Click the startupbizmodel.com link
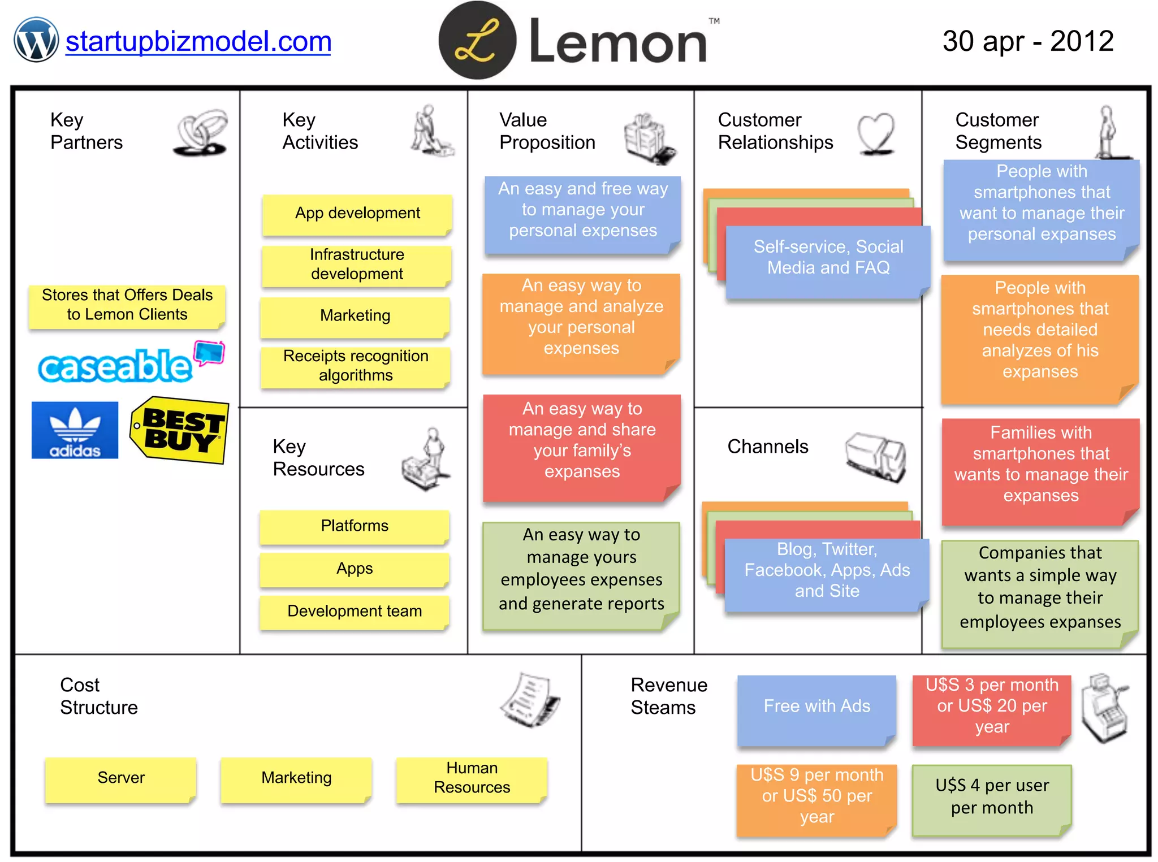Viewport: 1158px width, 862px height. (x=198, y=42)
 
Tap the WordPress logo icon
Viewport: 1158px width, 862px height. (x=36, y=40)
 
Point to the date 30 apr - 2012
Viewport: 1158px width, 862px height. (x=1027, y=41)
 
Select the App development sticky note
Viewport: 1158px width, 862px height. (x=357, y=214)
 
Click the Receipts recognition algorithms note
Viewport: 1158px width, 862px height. (x=356, y=366)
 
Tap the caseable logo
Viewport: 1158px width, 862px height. (x=130, y=363)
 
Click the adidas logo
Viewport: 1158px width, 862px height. (x=75, y=430)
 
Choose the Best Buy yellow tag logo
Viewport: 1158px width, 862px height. (x=180, y=430)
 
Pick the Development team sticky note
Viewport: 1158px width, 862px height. (x=355, y=611)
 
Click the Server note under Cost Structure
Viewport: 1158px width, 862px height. (x=121, y=778)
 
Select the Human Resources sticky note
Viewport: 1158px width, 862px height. (x=472, y=778)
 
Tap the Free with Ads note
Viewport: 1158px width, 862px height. (x=816, y=708)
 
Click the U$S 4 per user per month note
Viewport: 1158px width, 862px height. (x=992, y=798)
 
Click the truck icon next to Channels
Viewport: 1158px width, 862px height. (x=876, y=457)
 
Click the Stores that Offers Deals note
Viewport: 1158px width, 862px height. (x=127, y=305)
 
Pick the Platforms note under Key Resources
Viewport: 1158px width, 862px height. (x=355, y=526)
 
